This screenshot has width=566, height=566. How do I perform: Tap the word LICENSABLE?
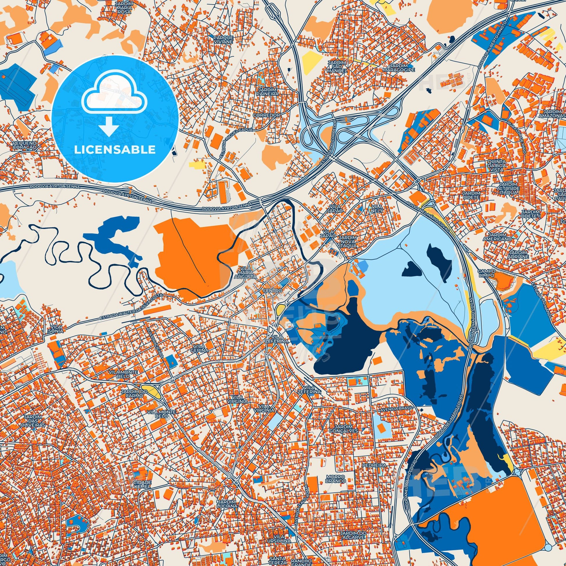[115, 150]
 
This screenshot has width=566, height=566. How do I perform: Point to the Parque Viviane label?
[223, 40]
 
